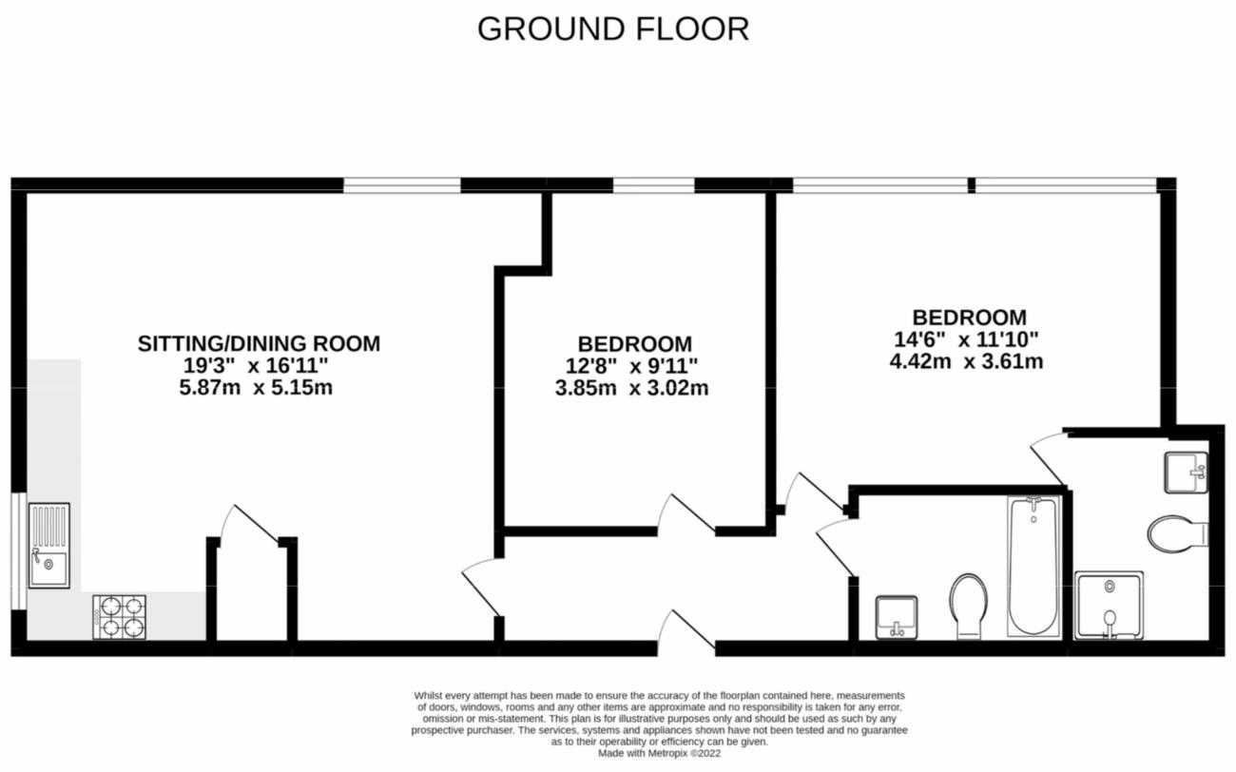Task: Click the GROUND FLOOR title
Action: [613, 29]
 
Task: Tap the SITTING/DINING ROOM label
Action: [259, 343]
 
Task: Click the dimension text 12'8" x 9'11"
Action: [631, 366]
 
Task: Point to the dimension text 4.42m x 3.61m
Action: [965, 361]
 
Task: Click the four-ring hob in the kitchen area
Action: [120, 616]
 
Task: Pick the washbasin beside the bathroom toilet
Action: [896, 617]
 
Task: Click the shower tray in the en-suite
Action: [1109, 605]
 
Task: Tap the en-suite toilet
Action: [1176, 533]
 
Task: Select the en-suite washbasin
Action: [1187, 472]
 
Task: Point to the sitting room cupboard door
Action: [249, 523]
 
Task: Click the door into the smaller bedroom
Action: [685, 513]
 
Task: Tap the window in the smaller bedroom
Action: [653, 184]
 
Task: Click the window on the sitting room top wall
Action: [401, 184]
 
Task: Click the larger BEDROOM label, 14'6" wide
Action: [969, 318]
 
